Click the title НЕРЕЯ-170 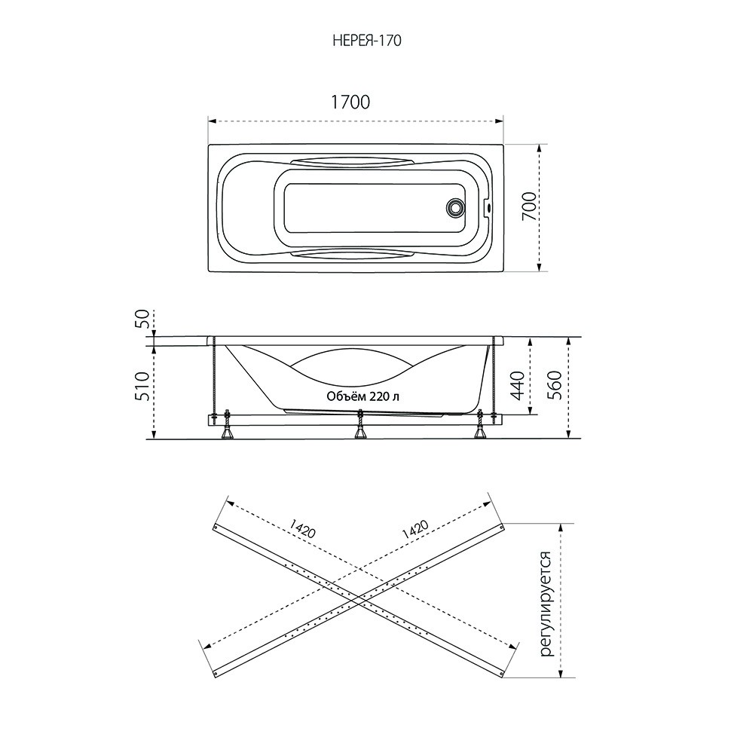[367, 41]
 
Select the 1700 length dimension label [350, 102]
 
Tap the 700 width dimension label [529, 206]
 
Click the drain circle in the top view [454, 207]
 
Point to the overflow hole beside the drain [488, 206]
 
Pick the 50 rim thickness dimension [143, 320]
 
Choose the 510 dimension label [144, 386]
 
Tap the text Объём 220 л [362, 396]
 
